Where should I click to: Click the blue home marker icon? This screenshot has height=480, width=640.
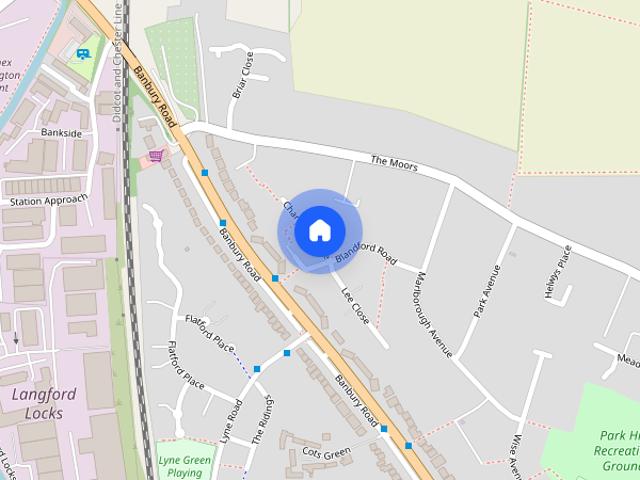319,230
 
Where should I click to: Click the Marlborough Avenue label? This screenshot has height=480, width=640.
434,314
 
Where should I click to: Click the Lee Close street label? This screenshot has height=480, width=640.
355,306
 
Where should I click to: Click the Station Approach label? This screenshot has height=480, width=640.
42,201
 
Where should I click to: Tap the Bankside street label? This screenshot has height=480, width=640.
61,132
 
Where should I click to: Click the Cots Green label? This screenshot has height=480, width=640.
326,454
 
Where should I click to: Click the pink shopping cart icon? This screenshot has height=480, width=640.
156,156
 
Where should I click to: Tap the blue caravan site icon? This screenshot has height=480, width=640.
83,54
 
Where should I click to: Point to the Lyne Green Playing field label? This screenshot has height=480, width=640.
184,465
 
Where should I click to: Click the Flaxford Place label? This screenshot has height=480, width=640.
208,329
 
